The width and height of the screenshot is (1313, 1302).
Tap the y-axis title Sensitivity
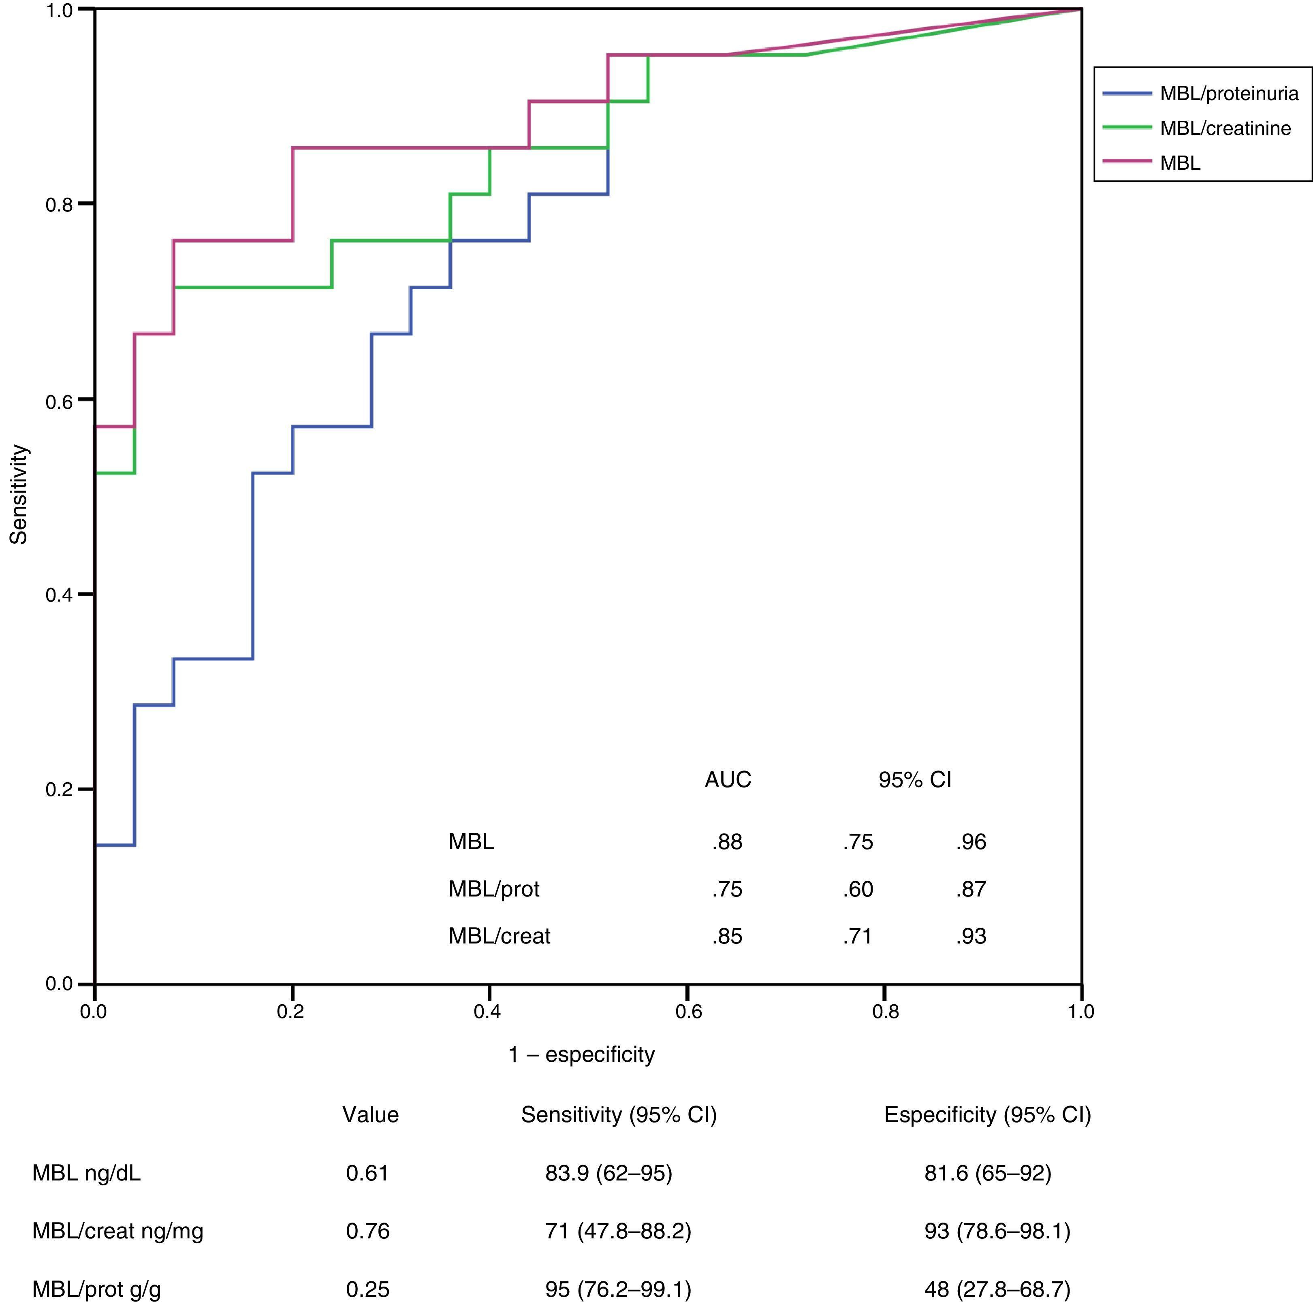(x=19, y=494)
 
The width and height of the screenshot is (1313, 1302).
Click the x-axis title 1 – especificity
(x=582, y=1054)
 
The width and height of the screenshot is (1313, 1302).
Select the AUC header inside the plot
(x=728, y=779)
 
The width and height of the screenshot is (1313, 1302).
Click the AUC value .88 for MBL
(x=727, y=842)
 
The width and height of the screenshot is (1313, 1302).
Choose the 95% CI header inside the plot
(x=915, y=779)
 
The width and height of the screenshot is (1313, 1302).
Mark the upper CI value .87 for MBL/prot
(x=971, y=889)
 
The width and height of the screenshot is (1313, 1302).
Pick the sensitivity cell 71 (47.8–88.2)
(x=618, y=1232)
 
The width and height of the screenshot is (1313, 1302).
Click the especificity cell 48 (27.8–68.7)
(x=997, y=1289)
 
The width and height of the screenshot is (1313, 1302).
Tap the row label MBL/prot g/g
(x=96, y=1289)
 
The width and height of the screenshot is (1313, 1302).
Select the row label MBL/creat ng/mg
(x=117, y=1232)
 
